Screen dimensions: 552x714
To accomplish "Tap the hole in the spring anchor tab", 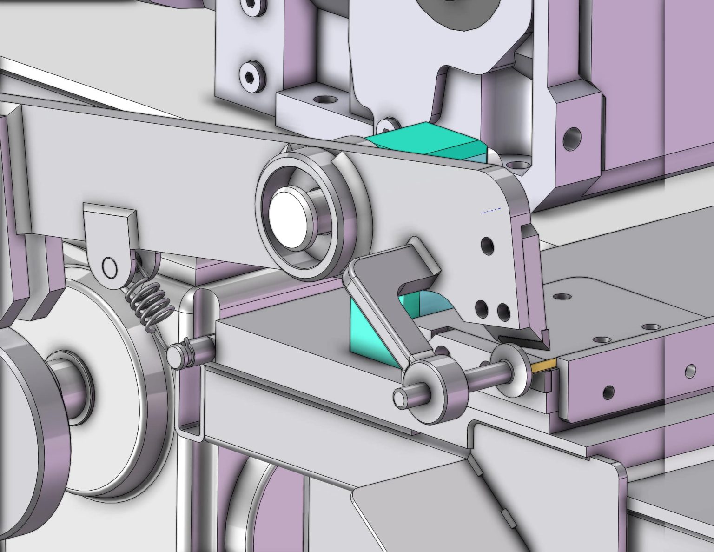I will [110, 268].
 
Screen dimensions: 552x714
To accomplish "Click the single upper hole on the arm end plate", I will [487, 245].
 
